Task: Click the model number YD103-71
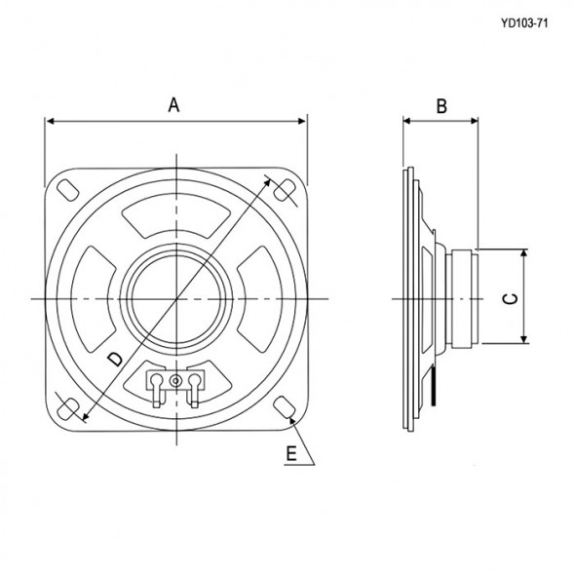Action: (522, 23)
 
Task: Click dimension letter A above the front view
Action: (175, 105)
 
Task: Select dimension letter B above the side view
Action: (440, 106)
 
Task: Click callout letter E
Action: (291, 453)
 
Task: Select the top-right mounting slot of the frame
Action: (286, 191)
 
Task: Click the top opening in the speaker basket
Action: (176, 218)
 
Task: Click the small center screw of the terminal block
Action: (175, 378)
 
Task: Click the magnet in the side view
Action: (463, 296)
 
